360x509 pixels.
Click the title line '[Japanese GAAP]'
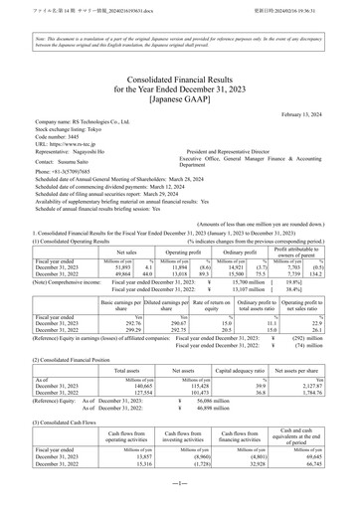180,97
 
